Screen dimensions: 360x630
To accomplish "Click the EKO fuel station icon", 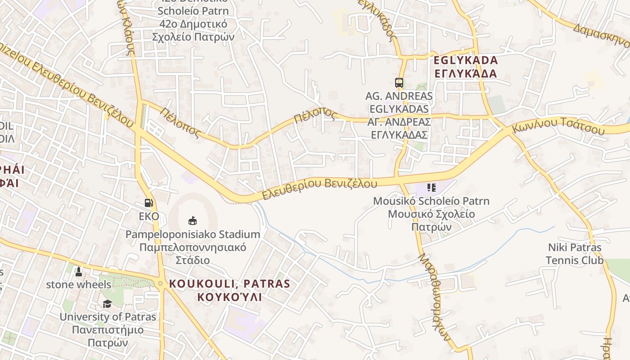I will [148, 203].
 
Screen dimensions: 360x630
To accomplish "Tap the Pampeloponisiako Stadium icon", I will [193, 220].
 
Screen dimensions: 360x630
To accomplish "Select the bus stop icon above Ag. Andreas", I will [399, 82].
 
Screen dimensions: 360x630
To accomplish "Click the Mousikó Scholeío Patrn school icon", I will [431, 188].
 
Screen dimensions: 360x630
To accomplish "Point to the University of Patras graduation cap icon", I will [107, 304].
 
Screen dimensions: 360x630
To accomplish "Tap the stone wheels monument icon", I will [79, 272].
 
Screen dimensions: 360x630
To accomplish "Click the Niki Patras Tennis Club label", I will [574, 254].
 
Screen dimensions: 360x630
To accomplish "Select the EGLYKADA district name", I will [466, 60].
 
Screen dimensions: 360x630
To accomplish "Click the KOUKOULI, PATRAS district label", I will [229, 284].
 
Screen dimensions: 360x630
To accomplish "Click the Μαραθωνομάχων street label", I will [434, 297].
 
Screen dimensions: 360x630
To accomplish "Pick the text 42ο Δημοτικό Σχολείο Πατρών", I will [193, 31].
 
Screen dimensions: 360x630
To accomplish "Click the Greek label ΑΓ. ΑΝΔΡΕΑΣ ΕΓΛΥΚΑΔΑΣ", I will [399, 128].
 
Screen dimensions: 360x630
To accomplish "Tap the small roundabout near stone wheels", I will [160, 283].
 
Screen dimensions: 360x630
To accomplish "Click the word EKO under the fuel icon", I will [148, 216].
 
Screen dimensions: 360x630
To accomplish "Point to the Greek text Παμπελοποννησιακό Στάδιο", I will [193, 254].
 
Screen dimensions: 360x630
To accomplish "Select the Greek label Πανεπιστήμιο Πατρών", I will [108, 336].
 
